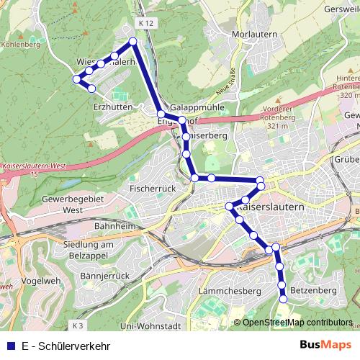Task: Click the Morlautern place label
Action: coord(251,34)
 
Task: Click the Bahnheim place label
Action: coord(114,225)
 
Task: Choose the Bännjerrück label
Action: coord(104,276)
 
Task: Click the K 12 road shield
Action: coord(146,23)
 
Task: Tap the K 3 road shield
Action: coord(78,325)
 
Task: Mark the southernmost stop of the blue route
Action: coord(284,298)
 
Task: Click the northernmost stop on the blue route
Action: coord(132,42)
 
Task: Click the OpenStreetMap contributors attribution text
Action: coord(297,323)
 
